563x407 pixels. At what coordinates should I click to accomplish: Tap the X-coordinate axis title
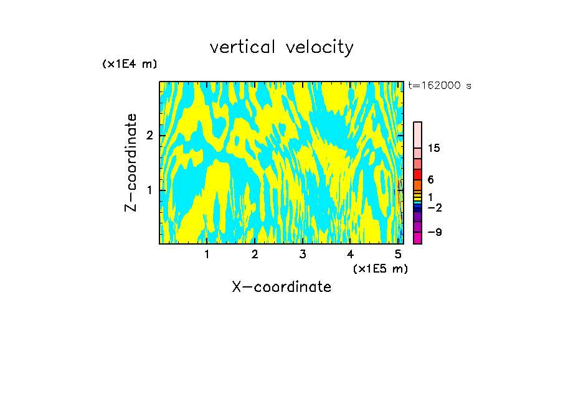pyautogui.click(x=281, y=287)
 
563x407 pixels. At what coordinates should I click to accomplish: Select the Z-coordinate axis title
pyautogui.click(x=131, y=162)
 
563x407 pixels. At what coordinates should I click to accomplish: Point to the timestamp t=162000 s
pyautogui.click(x=440, y=85)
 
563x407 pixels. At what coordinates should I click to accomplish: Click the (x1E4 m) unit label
pyautogui.click(x=130, y=64)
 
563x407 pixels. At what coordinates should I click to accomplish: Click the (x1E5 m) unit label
pyautogui.click(x=380, y=268)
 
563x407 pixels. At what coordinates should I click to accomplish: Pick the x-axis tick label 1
pyautogui.click(x=207, y=254)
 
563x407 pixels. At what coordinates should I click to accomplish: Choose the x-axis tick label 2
pyautogui.click(x=255, y=254)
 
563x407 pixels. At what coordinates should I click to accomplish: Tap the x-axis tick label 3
pyautogui.click(x=303, y=254)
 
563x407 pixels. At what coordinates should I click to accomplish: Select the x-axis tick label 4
pyautogui.click(x=351, y=254)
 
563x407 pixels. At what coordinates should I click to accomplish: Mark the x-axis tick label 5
pyautogui.click(x=398, y=254)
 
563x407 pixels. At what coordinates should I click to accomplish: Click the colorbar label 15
pyautogui.click(x=435, y=148)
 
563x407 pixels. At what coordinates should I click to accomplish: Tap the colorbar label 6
pyautogui.click(x=431, y=180)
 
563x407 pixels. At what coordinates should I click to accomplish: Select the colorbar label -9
pyautogui.click(x=435, y=233)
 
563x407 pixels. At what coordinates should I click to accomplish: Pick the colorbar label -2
pyautogui.click(x=435, y=208)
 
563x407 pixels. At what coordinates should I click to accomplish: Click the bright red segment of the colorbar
pyautogui.click(x=418, y=174)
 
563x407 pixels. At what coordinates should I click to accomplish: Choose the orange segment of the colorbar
pyautogui.click(x=418, y=185)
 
